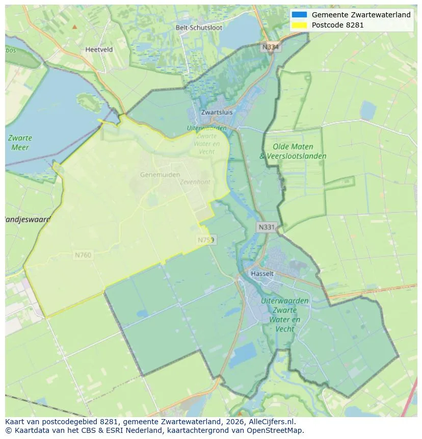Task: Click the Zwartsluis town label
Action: pos(217,112)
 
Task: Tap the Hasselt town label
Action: pos(262,274)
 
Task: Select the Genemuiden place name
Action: pos(160,174)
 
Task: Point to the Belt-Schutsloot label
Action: pos(199,28)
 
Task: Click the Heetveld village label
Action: pos(99,50)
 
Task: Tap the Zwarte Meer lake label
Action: pos(20,143)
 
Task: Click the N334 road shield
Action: pos(271,47)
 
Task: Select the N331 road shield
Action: pos(267,227)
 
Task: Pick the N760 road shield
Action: pos(83,255)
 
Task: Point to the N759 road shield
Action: pos(206,240)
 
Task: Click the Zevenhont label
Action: pos(195,182)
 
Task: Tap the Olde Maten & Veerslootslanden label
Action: pos(293,151)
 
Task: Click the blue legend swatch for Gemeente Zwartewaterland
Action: pos(299,15)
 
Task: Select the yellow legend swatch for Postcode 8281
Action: pos(299,24)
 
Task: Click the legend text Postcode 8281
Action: pos(337,24)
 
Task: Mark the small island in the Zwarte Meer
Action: pos(90,102)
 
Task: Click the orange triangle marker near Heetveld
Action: pos(75,27)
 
